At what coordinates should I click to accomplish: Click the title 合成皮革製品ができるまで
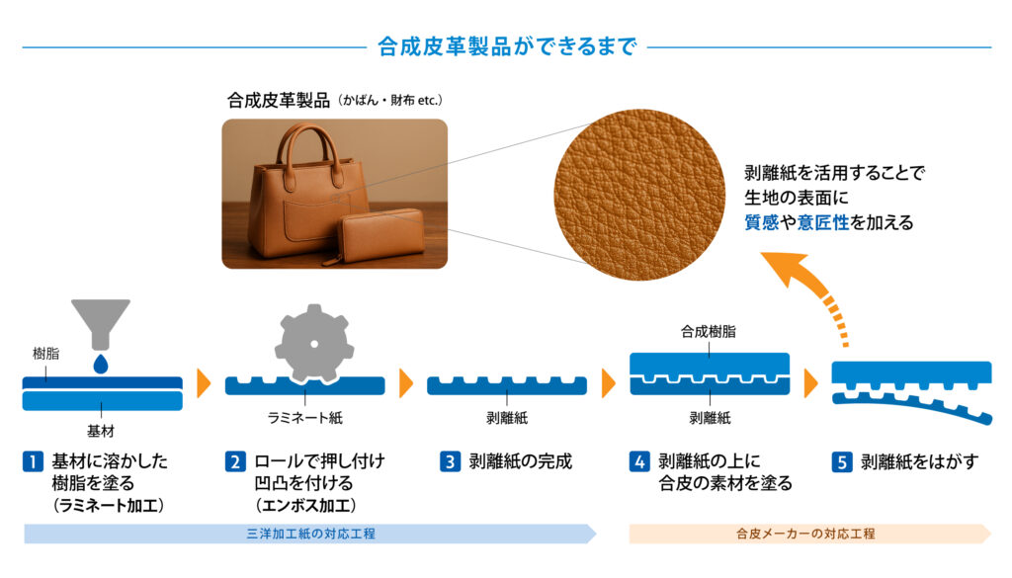[x=506, y=46]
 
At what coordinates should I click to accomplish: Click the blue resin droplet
[x=101, y=365]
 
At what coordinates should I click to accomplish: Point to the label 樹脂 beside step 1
[x=44, y=354]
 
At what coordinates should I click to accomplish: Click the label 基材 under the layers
[x=101, y=430]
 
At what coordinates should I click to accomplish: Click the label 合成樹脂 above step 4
[x=709, y=332]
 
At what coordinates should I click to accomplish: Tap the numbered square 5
[x=841, y=461]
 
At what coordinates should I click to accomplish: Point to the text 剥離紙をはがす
[x=918, y=461]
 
